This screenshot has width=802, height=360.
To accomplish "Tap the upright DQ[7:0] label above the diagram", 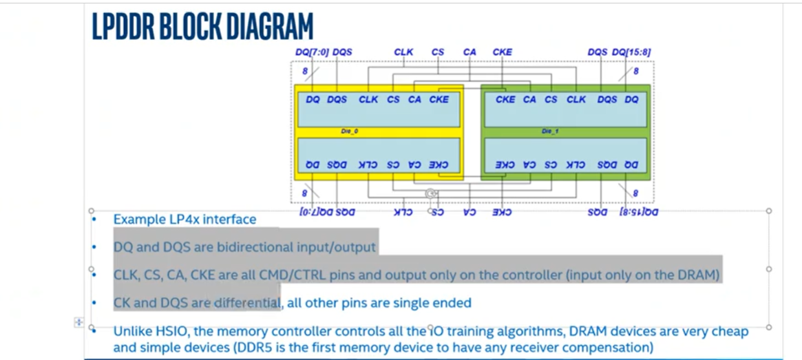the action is [x=311, y=52].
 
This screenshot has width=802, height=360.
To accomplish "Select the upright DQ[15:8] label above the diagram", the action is [x=632, y=52].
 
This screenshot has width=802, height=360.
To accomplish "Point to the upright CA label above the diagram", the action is [x=469, y=52].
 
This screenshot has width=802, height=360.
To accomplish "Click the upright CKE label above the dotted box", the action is [x=503, y=52].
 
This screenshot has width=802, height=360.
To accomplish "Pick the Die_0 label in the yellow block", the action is [x=350, y=130].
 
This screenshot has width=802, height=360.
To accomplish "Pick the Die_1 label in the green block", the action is [x=549, y=130].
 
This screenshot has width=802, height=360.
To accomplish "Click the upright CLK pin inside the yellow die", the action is [x=368, y=99].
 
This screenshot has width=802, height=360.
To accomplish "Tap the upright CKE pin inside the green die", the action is [x=505, y=99].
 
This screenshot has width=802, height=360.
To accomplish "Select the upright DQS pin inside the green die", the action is [x=607, y=99].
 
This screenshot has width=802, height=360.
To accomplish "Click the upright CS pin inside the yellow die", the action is [x=393, y=99].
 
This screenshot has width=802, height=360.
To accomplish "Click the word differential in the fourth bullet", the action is [x=246, y=303].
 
